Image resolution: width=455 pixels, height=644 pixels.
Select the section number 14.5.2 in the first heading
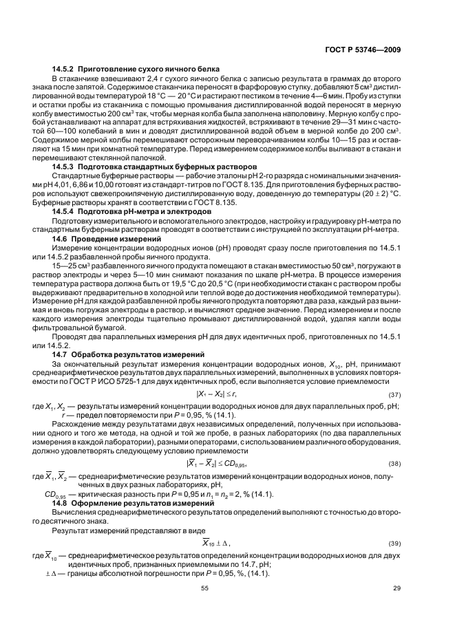tap(64, 69)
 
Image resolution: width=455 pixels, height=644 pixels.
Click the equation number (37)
tap(394, 394)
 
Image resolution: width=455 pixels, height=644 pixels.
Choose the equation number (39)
tap(394, 543)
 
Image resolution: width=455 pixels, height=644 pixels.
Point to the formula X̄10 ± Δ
tap(215, 543)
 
